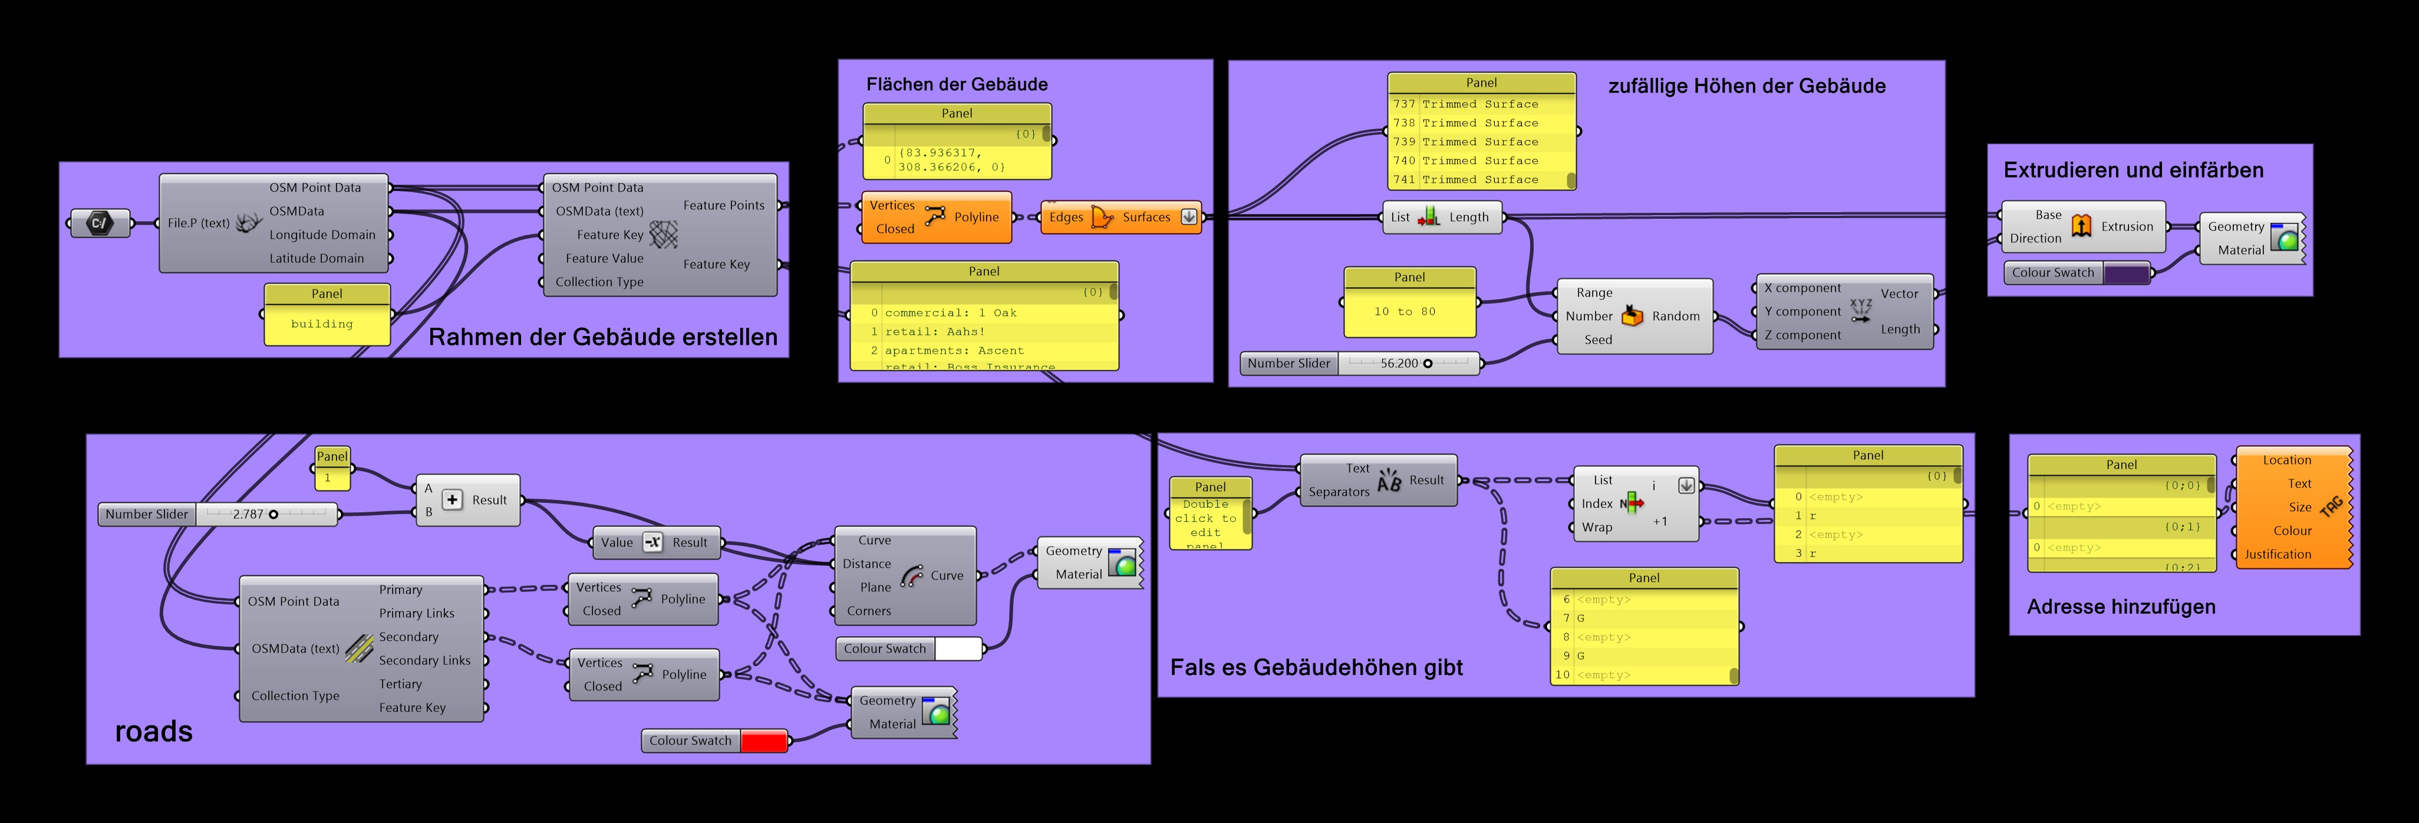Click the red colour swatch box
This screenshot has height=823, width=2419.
tap(763, 740)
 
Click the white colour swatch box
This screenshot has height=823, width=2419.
tap(958, 648)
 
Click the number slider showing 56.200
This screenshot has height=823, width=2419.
tap(1409, 364)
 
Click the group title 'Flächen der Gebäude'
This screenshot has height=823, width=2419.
tap(956, 84)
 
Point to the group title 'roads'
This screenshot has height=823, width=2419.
tap(153, 731)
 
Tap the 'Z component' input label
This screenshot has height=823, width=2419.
tap(1801, 335)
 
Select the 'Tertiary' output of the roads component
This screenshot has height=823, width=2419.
tap(400, 684)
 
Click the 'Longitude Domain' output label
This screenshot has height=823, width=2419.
tap(322, 235)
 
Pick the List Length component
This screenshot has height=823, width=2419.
tap(1442, 217)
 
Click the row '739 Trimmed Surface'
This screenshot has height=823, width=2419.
tap(1480, 142)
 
